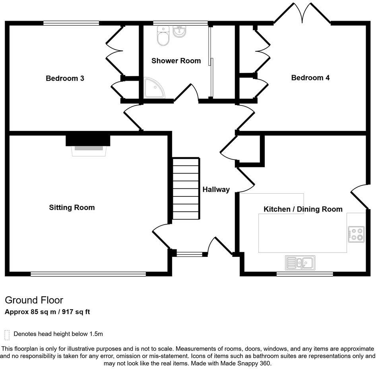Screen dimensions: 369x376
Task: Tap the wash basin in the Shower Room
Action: pos(180,31)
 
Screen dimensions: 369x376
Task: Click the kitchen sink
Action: pos(300,262)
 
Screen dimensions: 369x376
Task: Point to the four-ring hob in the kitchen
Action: pos(356,234)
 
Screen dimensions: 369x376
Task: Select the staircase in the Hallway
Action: pos(186,188)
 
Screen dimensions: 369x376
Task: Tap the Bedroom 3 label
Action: pos(65,78)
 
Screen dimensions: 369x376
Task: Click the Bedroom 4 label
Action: pos(310,78)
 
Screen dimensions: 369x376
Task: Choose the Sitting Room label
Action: pos(72,207)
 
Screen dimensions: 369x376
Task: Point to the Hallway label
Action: pos(216,190)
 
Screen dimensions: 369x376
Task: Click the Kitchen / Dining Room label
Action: pos(303,209)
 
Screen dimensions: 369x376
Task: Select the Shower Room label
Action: pos(176,61)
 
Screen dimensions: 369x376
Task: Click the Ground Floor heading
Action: pos(34,300)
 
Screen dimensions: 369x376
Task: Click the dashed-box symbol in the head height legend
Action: pos(7,335)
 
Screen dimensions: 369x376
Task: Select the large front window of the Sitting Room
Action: pos(88,274)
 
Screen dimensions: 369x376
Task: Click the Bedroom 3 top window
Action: pos(71,23)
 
